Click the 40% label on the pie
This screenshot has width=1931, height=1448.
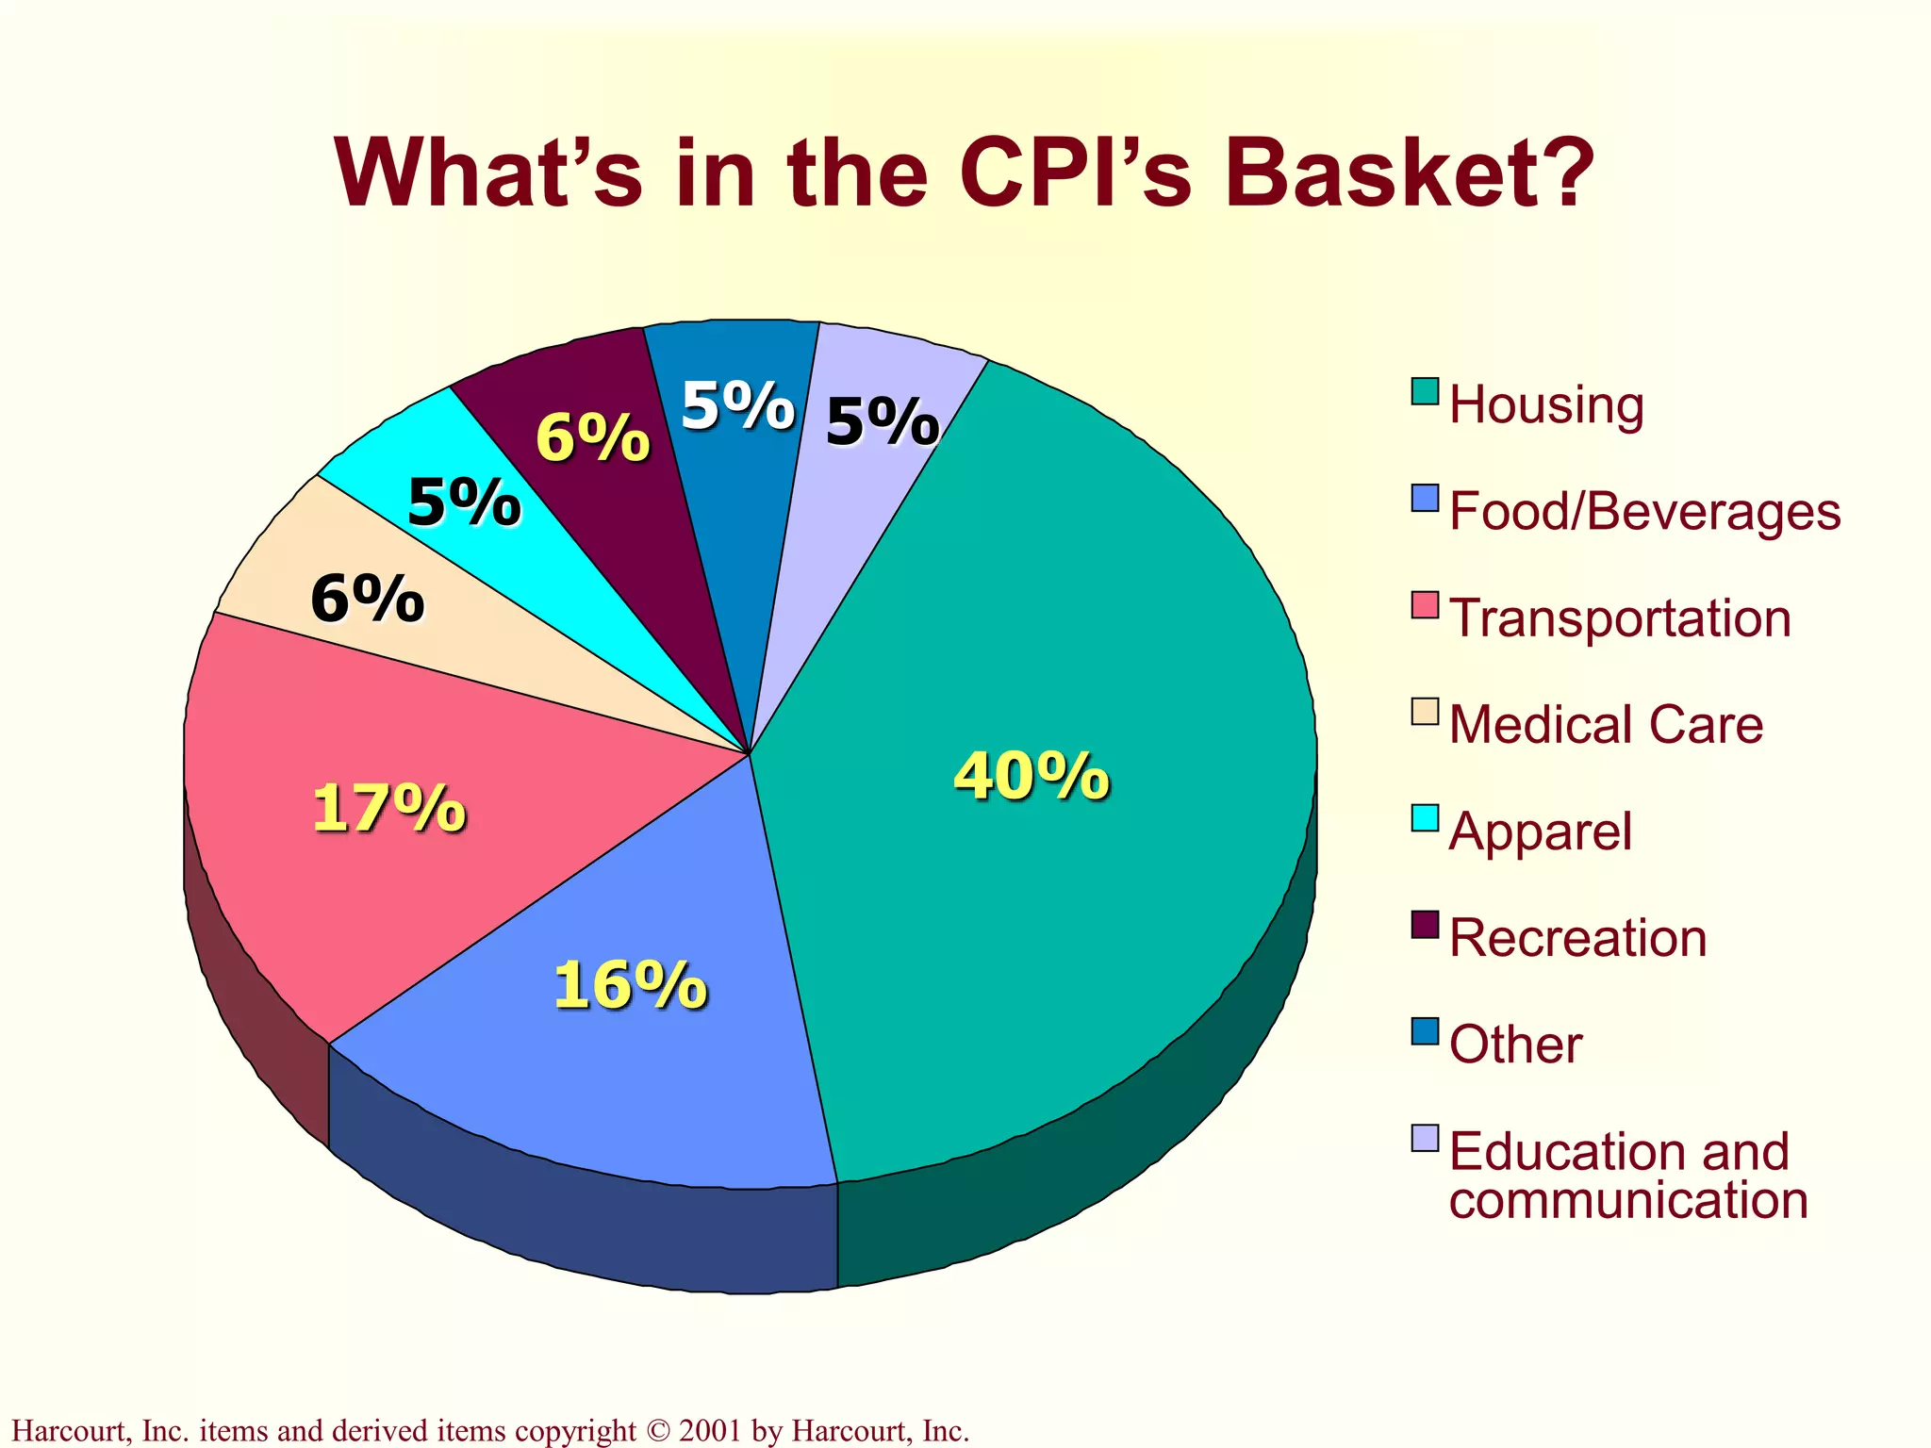tap(1032, 777)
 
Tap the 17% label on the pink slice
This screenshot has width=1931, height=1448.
tap(388, 809)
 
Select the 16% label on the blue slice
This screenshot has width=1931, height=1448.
tap(630, 986)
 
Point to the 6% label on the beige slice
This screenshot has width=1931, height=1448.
tap(367, 599)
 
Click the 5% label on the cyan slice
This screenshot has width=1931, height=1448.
tap(464, 502)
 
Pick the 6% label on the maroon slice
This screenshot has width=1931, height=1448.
tap(592, 438)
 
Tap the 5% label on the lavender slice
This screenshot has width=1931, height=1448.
tap(882, 421)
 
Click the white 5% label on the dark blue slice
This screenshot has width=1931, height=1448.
tap(737, 406)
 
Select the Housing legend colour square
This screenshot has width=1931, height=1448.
tap(1425, 391)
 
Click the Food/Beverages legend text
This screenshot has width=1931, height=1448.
tap(1644, 511)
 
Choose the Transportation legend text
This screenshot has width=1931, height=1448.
tap(1620, 618)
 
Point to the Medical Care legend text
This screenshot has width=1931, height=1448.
tap(1606, 725)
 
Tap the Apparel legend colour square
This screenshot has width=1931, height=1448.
tap(1425, 817)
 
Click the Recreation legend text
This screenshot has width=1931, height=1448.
tap(1577, 938)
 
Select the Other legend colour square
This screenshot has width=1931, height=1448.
tap(1425, 1031)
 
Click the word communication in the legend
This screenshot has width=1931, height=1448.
tap(1628, 1201)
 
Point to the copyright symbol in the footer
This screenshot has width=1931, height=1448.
tap(657, 1431)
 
